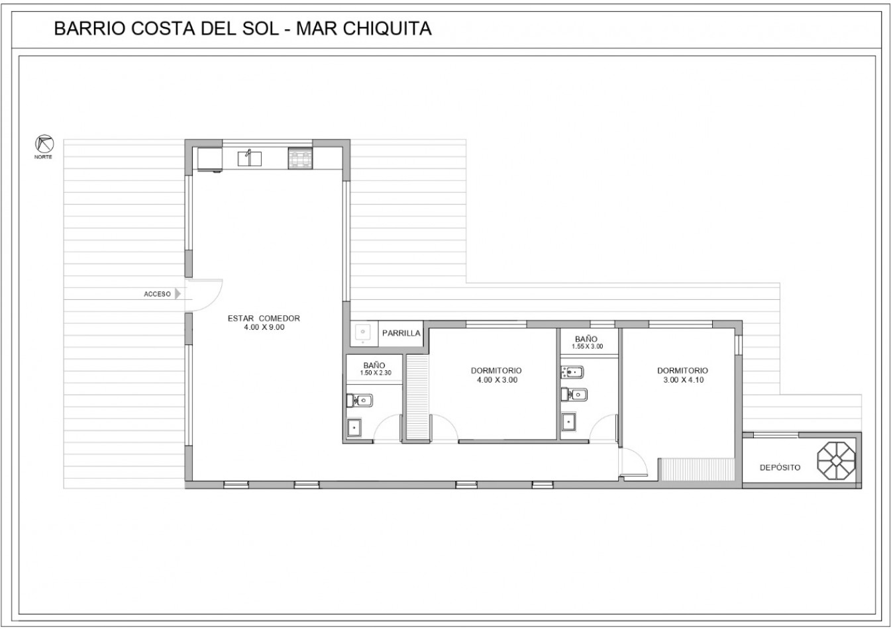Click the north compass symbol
(44, 144)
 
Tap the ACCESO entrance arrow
(178, 294)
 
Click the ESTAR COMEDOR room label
(264, 318)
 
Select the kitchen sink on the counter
(249, 158)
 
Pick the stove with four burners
(300, 158)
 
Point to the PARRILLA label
(401, 333)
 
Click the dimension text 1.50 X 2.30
(376, 373)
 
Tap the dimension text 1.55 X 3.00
(587, 346)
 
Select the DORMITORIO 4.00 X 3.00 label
(496, 375)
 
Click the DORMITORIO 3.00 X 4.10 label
(682, 375)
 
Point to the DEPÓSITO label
(780, 467)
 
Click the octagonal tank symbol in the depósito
(837, 460)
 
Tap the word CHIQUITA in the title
(387, 28)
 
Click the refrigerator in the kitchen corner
(209, 160)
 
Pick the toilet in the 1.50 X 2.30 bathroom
(359, 401)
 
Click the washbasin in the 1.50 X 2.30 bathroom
(354, 428)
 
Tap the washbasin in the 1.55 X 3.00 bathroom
(569, 422)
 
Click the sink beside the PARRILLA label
(363, 332)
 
